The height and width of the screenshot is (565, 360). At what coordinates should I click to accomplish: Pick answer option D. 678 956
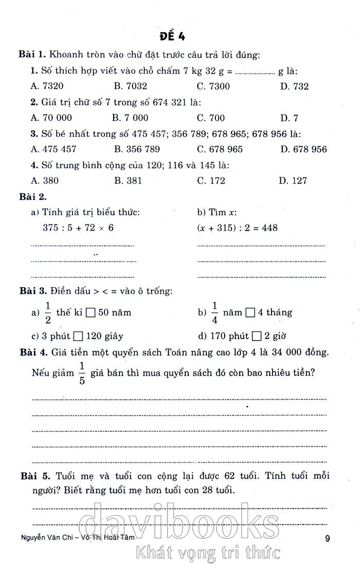(303, 149)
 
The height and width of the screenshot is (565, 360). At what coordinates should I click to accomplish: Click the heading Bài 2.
(32, 197)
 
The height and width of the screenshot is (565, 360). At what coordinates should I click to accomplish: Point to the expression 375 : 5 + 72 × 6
(78, 227)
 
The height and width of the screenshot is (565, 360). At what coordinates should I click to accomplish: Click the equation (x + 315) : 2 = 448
(237, 227)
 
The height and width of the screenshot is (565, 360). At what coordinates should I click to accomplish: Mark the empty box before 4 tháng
(250, 312)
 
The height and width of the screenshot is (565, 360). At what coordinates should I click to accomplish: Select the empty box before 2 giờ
(257, 337)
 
